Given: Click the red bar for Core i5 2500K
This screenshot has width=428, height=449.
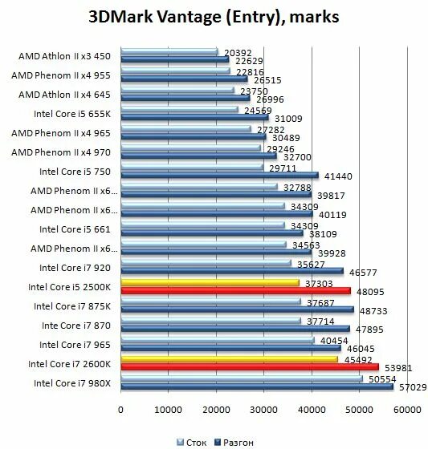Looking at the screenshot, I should [234, 290].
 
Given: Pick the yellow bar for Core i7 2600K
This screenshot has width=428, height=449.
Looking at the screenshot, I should [229, 359].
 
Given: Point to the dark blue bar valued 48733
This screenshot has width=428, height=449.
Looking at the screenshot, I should [236, 309].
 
